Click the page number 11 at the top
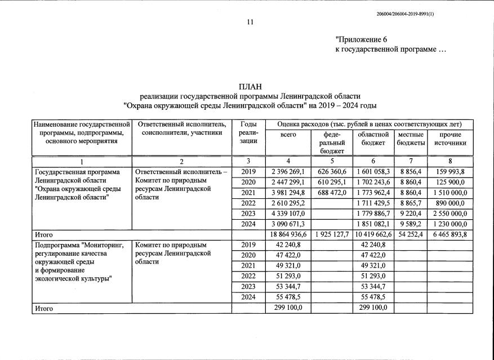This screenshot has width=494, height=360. [250, 23]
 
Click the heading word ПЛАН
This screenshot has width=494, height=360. [250, 86]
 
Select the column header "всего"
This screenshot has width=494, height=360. [288, 135]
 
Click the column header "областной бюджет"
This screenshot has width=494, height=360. [373, 139]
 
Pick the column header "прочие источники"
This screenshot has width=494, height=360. [450, 139]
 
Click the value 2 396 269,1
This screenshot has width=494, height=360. [288, 172]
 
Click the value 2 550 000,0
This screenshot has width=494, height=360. [450, 214]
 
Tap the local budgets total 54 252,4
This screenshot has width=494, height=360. [410, 234]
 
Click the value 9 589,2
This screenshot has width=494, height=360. [410, 224]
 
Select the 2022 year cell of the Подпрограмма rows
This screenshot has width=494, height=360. [248, 275]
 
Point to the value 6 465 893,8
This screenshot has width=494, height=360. [450, 234]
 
